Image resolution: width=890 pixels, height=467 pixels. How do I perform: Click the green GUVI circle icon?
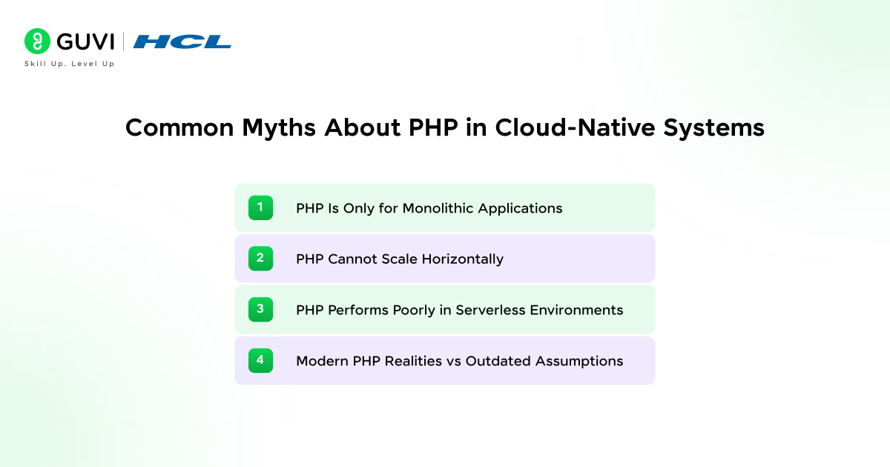point(37,42)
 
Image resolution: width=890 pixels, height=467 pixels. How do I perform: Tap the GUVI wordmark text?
point(85,42)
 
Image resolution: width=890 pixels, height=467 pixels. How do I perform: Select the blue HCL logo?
point(182,42)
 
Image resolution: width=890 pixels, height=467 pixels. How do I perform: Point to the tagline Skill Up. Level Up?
point(70,64)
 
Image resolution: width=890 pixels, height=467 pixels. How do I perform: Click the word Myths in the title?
point(279,127)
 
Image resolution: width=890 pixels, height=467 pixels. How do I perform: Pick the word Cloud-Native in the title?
point(575,127)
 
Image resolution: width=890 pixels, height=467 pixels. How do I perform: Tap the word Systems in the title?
point(714,127)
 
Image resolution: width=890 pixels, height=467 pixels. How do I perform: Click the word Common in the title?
point(179,127)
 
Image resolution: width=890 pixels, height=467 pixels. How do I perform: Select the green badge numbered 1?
point(260,208)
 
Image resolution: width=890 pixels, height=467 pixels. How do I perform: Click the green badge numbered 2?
point(260,259)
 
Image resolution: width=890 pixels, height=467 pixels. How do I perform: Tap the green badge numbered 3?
point(260,309)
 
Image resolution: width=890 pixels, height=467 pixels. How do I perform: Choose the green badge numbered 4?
point(260,360)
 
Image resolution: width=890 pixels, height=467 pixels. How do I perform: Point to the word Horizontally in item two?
point(463,259)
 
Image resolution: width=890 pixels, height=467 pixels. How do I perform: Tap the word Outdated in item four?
point(498,361)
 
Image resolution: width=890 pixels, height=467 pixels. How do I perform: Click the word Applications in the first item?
point(520,208)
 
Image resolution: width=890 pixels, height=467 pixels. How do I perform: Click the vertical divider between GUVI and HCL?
point(123,42)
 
